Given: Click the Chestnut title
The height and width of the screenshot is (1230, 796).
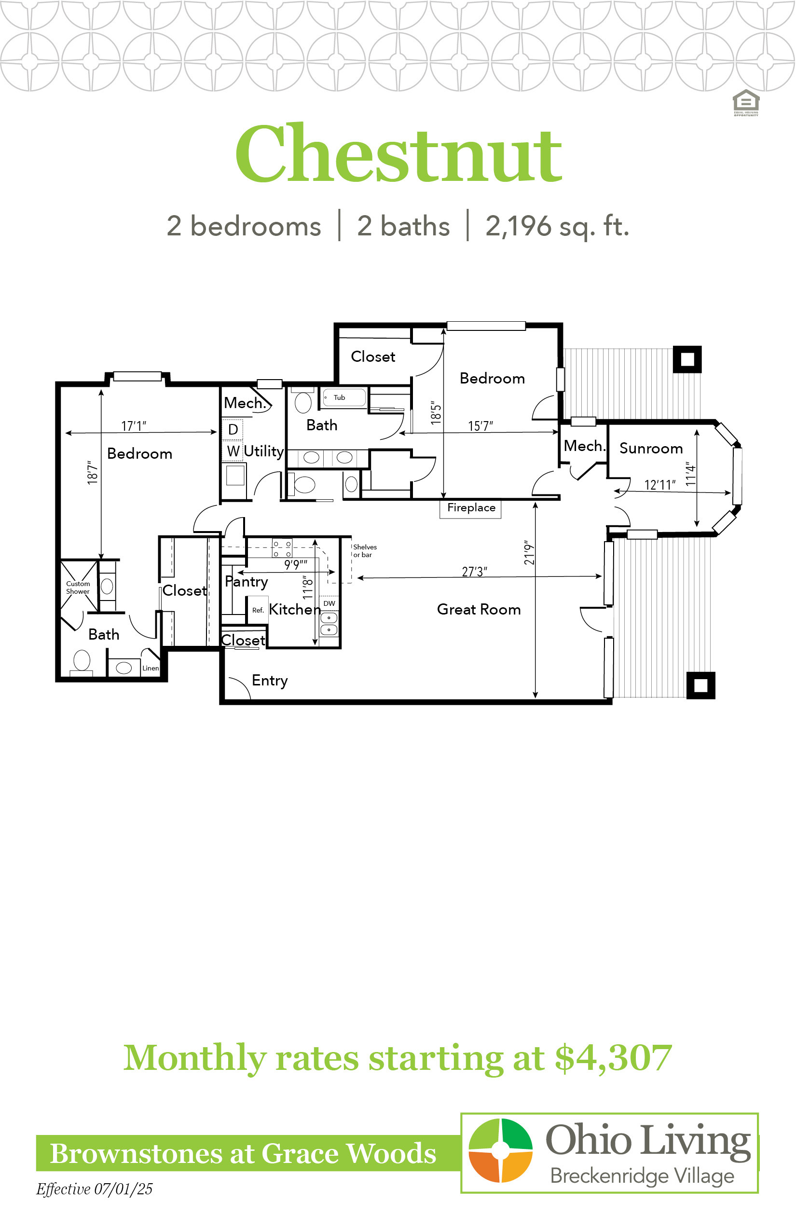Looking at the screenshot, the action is coord(398,153).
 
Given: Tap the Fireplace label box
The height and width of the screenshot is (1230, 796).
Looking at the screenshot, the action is coord(470,508).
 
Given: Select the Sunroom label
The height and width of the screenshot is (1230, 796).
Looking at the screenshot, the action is coord(651,448).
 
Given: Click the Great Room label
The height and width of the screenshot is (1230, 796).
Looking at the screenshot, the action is coord(479,609).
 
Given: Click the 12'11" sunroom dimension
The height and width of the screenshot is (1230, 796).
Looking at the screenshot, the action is coord(660,485).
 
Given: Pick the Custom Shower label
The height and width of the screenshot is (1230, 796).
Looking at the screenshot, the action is coord(78,588).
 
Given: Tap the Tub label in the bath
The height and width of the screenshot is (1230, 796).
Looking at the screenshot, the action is coord(339,397).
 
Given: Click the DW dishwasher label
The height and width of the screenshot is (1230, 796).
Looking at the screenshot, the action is coord(329,603).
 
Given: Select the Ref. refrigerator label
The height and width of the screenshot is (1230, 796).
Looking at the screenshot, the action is coord(258,610).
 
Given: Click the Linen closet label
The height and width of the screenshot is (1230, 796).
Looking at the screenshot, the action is coord(151,668).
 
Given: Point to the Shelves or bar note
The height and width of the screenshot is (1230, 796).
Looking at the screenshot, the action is coord(365,550).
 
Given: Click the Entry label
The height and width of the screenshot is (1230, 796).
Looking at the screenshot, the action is coord(270,681).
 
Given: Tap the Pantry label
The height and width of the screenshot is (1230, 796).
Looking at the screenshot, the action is coord(247,582).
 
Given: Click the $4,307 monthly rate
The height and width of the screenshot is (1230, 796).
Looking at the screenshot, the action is coord(614,1057).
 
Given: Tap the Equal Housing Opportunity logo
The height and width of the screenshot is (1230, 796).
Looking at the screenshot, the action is coord(746,103).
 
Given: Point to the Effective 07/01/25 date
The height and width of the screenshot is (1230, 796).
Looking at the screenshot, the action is coord(94,1189).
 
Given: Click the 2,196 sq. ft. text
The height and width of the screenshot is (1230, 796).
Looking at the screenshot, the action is coord(557,226).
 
